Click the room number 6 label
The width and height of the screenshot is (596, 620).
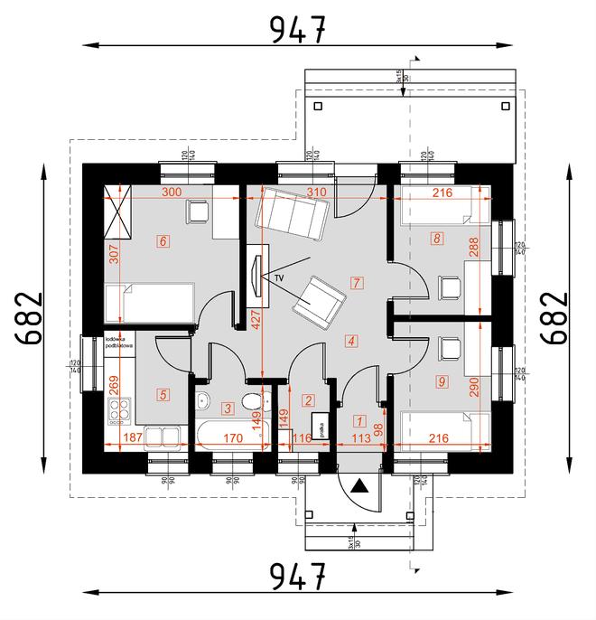coord(163,241)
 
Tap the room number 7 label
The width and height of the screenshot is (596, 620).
coord(358,283)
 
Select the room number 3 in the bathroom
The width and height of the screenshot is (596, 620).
coord(228,409)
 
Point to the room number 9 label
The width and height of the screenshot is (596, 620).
coord(441,381)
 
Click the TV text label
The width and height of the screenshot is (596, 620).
coord(279,277)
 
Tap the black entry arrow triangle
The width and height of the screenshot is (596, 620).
coord(360,486)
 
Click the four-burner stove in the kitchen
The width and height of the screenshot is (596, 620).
coord(118,412)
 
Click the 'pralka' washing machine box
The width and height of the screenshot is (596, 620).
coord(319,428)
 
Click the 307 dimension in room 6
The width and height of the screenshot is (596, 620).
coord(114,256)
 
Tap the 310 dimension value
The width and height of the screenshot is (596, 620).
coord(315,193)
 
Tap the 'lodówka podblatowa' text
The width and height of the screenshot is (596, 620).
coord(119,343)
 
